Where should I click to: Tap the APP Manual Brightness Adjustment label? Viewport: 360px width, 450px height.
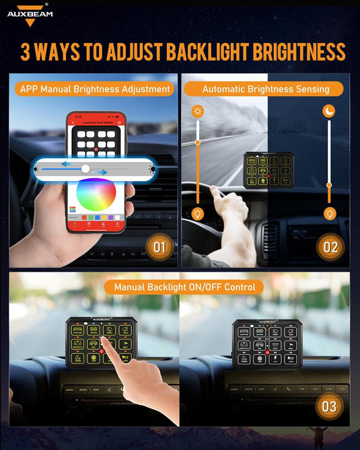click(x=95, y=89)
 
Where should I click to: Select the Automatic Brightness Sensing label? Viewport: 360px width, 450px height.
click(x=265, y=89)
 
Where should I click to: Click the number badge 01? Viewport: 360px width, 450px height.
click(x=159, y=247)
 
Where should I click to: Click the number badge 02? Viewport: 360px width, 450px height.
click(x=330, y=247)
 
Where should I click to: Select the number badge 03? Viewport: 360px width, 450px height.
click(x=329, y=406)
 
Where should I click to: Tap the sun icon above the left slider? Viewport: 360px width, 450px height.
click(x=198, y=111)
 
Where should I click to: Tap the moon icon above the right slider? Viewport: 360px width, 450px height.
click(x=329, y=110)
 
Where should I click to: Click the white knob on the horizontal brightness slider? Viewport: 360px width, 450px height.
click(x=85, y=168)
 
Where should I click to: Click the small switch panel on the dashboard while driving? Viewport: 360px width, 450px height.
click(x=264, y=171)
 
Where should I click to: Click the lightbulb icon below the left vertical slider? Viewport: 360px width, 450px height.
click(x=198, y=214)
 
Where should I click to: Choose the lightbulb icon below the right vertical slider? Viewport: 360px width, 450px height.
click(x=329, y=214)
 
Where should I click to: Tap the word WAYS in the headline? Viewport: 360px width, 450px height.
click(x=66, y=52)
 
